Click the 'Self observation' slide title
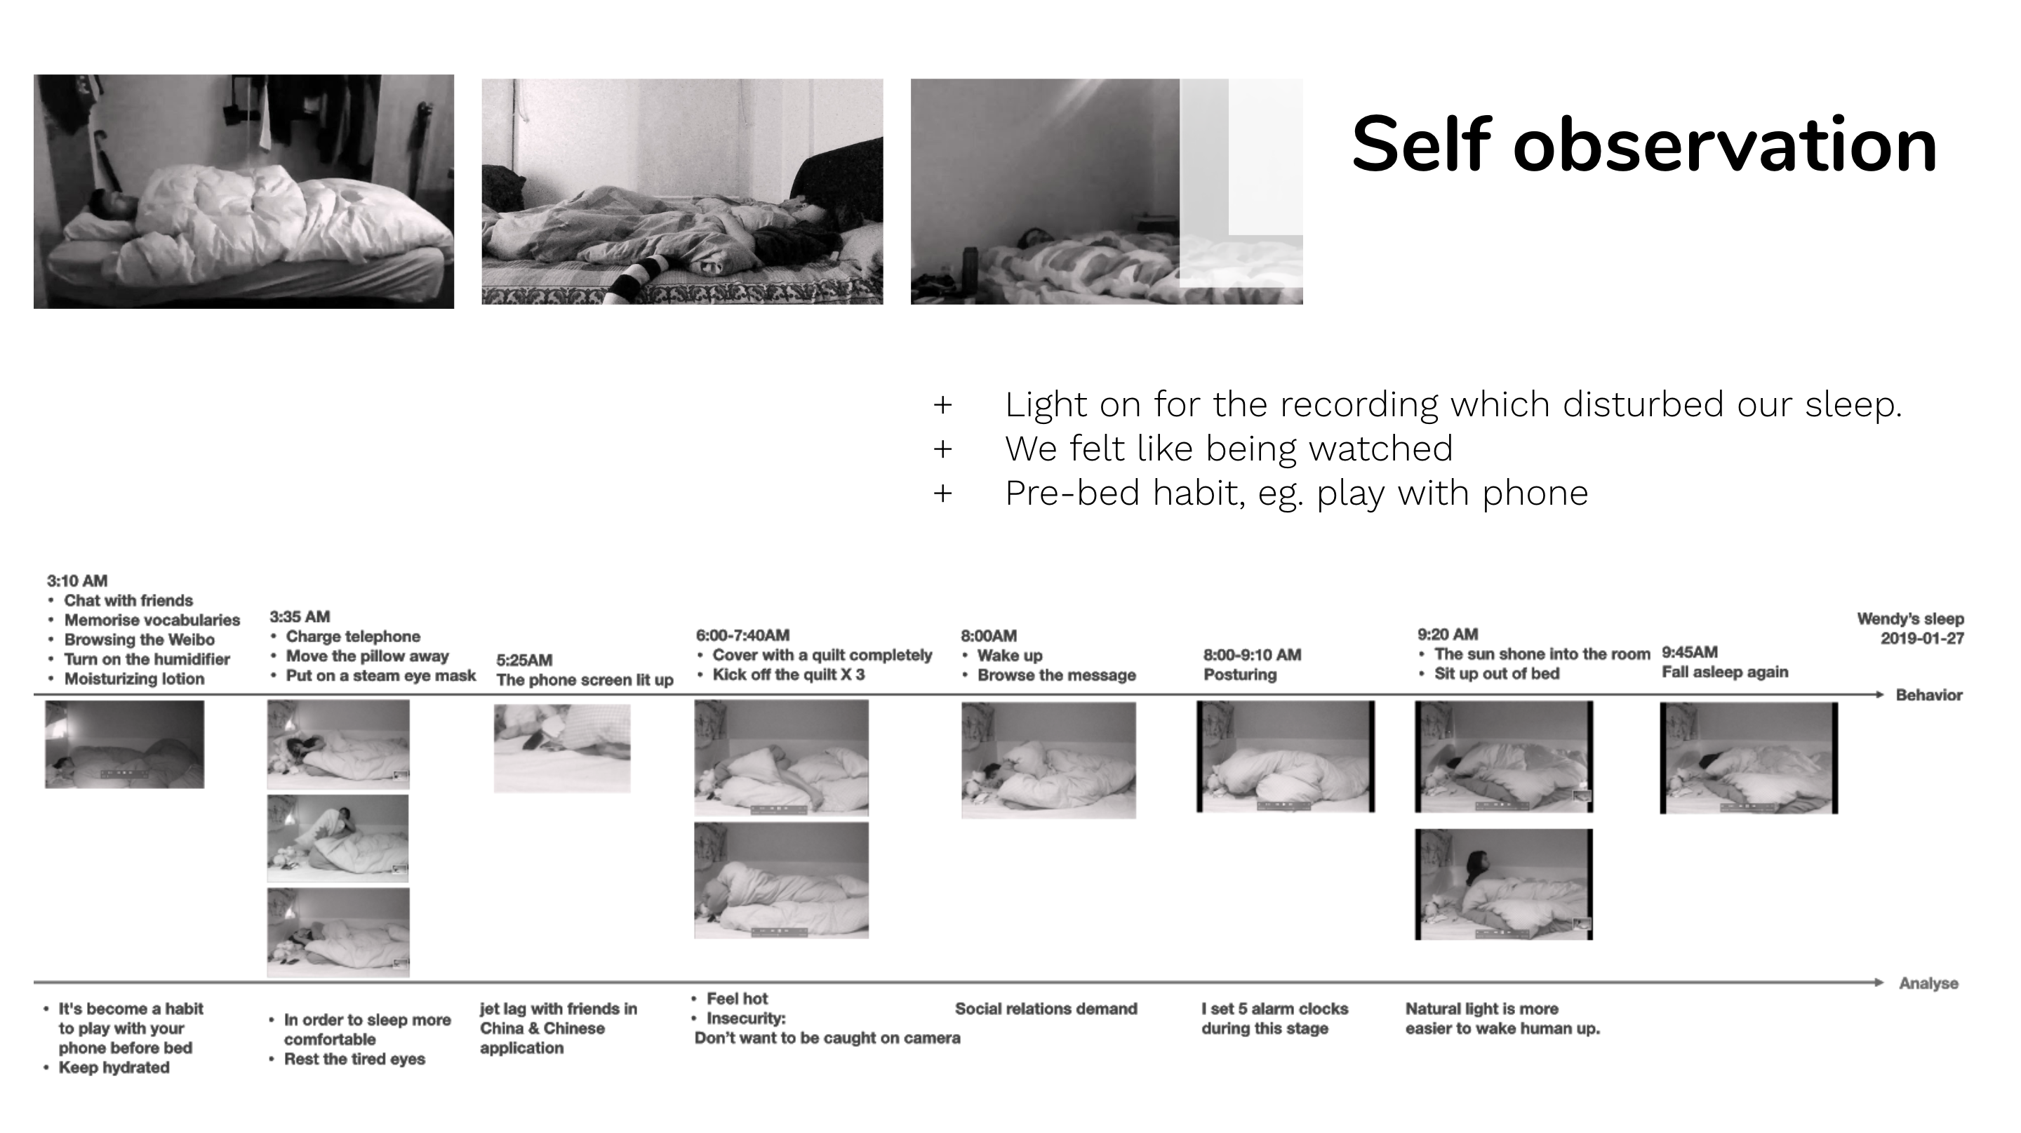coord(1643,145)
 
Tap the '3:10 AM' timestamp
coord(77,581)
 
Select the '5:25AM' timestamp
coord(524,660)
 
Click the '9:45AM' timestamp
coord(1690,652)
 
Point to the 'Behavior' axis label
coord(1929,695)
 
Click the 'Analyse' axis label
coord(1928,983)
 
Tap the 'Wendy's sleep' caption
coord(1910,619)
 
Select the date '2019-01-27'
coord(1922,639)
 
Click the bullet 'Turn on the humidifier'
coord(147,659)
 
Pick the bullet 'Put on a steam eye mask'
coord(380,675)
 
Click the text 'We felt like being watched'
coord(1229,449)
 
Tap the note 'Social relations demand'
coord(1046,1009)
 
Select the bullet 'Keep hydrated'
coord(114,1067)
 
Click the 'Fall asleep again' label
coord(1726,672)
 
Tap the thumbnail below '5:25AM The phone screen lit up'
coord(561,748)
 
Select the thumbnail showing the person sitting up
coord(1504,884)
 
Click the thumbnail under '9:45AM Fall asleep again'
coord(1749,758)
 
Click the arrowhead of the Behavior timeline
coord(1879,694)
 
